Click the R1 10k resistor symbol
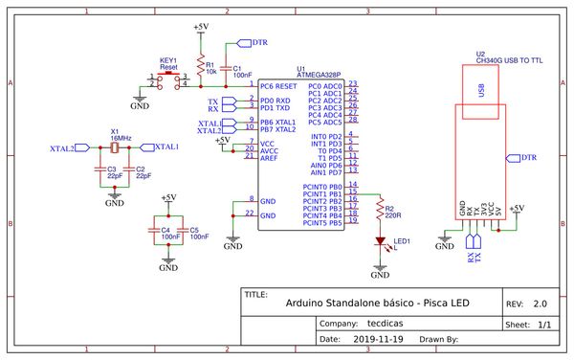pyautogui.click(x=200, y=66)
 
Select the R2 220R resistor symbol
pyautogui.click(x=380, y=208)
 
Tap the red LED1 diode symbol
pyautogui.click(x=381, y=242)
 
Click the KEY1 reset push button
pyautogui.click(x=169, y=79)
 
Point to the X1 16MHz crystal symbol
pyautogui.click(x=114, y=147)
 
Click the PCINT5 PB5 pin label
pyautogui.click(x=321, y=222)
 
